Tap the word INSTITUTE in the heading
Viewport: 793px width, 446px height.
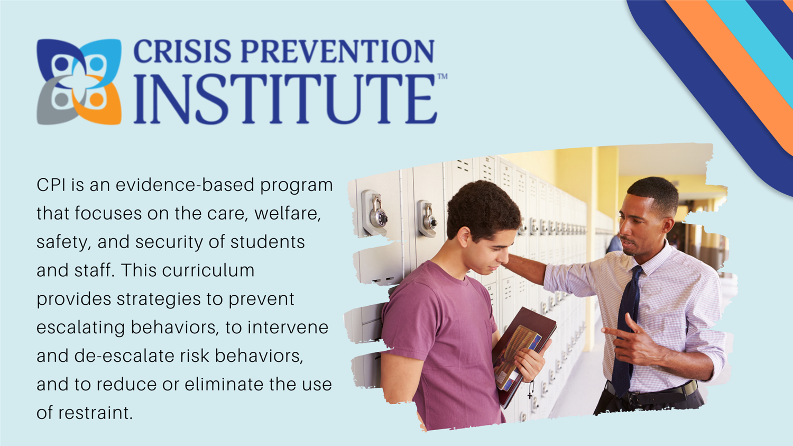pyautogui.click(x=285, y=99)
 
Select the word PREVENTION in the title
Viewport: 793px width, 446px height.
pyautogui.click(x=338, y=51)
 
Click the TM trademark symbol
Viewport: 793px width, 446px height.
pyautogui.click(x=442, y=76)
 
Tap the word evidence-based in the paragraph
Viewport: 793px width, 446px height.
pyautogui.click(x=185, y=185)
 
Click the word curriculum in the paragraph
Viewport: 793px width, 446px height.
pyautogui.click(x=208, y=270)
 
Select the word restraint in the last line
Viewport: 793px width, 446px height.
pyautogui.click(x=96, y=413)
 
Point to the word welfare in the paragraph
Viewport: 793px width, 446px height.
pyautogui.click(x=288, y=214)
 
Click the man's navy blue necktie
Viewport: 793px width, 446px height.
pyautogui.click(x=626, y=330)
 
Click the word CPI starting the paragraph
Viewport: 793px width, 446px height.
pyautogui.click(x=51, y=185)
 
